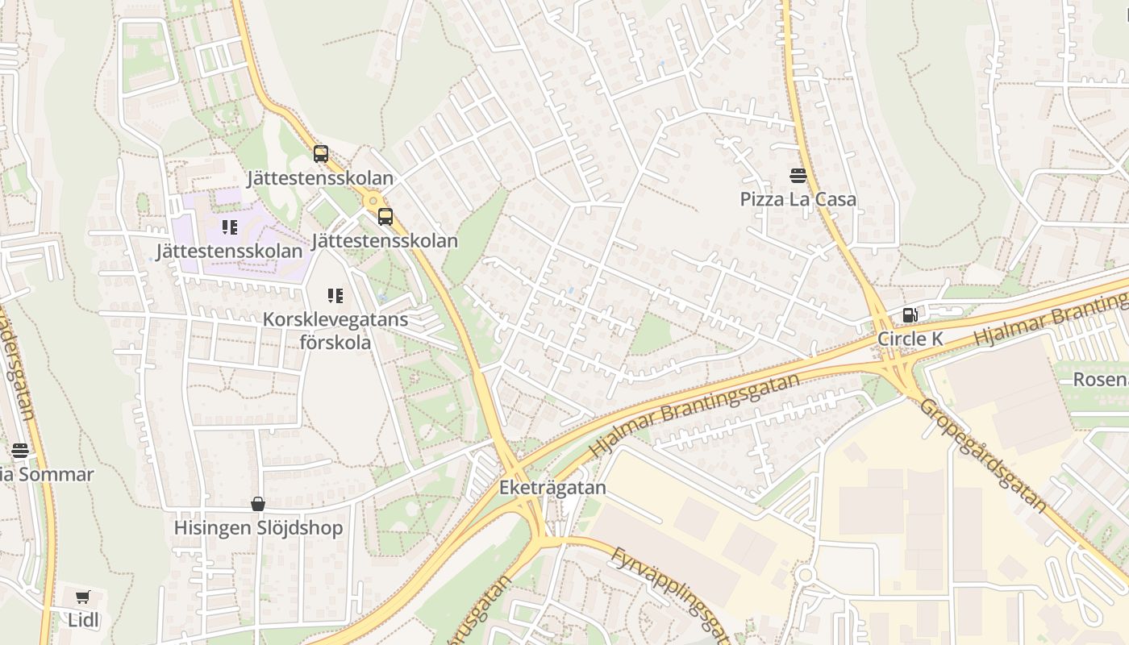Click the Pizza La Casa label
[x=798, y=199]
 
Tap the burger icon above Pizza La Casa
[x=798, y=176]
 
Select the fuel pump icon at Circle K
[x=910, y=315]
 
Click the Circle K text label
[x=910, y=339]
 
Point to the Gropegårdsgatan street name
[x=984, y=456]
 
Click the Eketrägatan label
[x=552, y=488]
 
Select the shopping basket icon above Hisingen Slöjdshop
[x=258, y=505]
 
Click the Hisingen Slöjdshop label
[x=258, y=528]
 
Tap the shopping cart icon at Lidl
[x=82, y=597]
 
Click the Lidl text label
[x=82, y=620]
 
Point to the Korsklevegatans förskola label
[x=335, y=331]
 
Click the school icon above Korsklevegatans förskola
[x=335, y=296]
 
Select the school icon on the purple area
[x=230, y=227]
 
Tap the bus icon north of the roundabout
[x=321, y=153]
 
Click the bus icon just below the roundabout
[x=385, y=216]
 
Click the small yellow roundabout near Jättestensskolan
[x=372, y=200]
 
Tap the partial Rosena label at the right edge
[x=1100, y=379]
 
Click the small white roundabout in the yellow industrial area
[x=805, y=575]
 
